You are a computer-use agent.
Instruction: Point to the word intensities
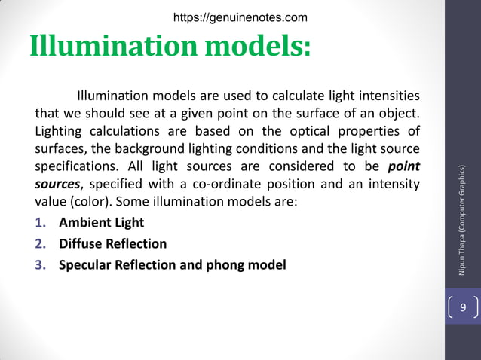point(388,96)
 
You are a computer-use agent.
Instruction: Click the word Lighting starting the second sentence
point(59,131)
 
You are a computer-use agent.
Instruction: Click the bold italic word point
point(404,166)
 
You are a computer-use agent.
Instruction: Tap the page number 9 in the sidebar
point(463,308)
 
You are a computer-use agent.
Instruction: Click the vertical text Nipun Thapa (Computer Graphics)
point(463,219)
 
